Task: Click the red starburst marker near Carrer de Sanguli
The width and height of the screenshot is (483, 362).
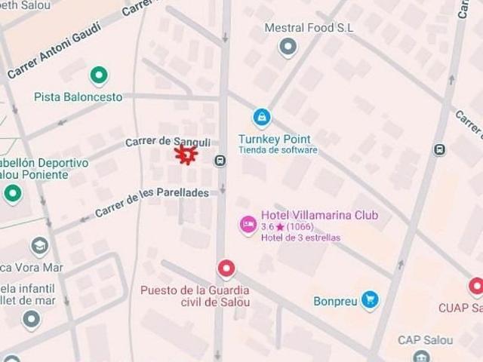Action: point(186,155)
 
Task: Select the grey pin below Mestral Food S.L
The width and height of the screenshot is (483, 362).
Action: point(288,48)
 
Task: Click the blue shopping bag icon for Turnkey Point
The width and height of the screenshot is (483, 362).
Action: point(262,117)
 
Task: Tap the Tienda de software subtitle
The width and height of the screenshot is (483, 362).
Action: point(278,150)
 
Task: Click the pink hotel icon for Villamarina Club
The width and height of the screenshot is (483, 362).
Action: point(248,224)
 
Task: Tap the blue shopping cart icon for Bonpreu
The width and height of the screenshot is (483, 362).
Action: point(369,300)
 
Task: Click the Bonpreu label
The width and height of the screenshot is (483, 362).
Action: point(335,301)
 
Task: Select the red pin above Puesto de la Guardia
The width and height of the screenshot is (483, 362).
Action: point(226,269)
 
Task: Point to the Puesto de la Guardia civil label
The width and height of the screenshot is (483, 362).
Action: point(195,296)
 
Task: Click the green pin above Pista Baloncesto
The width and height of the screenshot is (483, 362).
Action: point(98,75)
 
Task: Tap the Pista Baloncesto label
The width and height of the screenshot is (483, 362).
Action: point(78,97)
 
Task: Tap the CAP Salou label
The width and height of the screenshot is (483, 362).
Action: point(426,340)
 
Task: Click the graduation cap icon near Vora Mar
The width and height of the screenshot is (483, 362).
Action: point(39,246)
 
